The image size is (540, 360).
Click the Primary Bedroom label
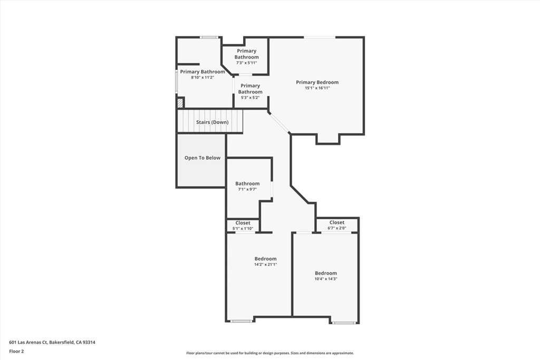point(317,82)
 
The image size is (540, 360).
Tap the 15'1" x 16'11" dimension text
point(317,88)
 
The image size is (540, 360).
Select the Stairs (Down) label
point(212,122)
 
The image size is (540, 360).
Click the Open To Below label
point(202,158)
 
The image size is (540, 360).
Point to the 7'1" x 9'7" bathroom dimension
point(247,189)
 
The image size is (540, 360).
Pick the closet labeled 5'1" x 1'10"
point(243,226)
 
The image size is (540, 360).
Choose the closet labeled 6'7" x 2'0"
point(337,226)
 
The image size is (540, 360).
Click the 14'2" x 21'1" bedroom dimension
point(265,265)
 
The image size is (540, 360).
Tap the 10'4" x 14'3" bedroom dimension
point(325,279)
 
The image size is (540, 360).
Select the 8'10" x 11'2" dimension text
point(202,77)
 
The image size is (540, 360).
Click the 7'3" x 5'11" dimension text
point(246,63)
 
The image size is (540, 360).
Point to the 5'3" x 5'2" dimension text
point(250,98)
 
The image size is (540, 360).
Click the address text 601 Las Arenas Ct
point(52,342)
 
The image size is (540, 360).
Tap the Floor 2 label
point(16,351)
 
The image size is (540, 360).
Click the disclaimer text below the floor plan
point(269,353)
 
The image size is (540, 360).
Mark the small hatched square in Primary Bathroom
point(180,103)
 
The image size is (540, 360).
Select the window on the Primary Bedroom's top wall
point(319,37)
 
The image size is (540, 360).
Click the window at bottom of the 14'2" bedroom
point(241,321)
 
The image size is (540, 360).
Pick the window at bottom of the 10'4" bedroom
point(343,322)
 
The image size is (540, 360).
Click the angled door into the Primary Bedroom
point(279,123)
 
